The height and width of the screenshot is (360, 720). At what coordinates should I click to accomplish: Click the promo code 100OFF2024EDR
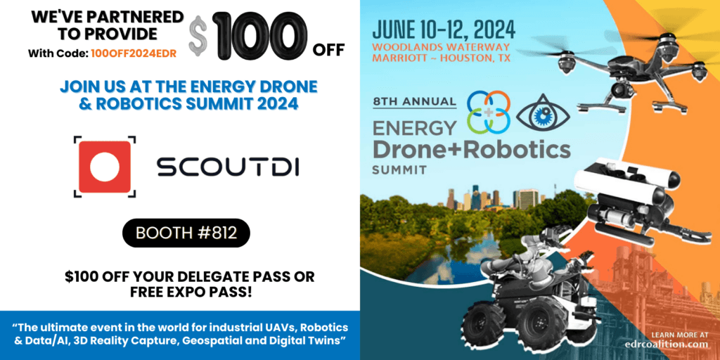134,53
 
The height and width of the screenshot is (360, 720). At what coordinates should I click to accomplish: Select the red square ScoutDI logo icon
105,166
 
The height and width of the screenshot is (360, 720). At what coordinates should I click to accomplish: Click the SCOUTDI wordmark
228,167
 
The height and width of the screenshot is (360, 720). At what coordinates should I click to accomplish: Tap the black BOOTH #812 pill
186,233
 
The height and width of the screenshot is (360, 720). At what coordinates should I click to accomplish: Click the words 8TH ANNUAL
413,101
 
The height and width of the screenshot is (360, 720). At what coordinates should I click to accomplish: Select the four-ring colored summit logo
488,110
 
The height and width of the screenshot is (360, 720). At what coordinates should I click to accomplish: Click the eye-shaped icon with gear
544,112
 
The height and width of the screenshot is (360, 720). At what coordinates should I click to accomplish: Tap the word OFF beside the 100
328,50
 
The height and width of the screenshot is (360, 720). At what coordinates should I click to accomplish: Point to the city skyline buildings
491,198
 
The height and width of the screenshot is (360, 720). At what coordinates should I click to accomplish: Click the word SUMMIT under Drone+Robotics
399,169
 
